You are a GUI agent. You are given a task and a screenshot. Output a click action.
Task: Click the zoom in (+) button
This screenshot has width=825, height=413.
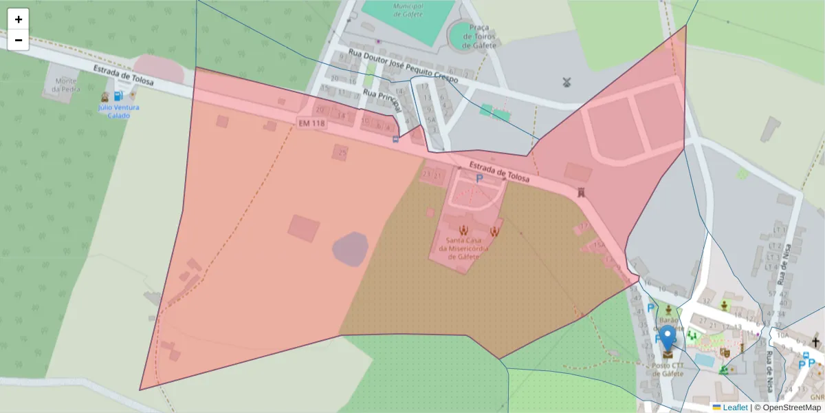click(19, 19)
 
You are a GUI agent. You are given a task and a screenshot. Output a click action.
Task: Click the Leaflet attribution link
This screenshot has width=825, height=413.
click(734, 407)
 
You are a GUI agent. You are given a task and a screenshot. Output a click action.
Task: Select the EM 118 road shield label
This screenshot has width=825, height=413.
click(311, 123)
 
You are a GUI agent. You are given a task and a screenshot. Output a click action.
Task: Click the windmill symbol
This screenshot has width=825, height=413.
click(567, 83)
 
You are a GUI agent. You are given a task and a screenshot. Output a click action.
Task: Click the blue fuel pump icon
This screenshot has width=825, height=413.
click(119, 97)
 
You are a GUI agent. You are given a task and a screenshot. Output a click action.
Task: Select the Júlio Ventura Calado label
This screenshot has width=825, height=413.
click(118, 112)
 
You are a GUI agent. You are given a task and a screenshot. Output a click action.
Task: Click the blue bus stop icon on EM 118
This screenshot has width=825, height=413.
click(395, 139)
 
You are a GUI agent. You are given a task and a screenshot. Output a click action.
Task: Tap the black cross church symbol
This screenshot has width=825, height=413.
click(816, 342)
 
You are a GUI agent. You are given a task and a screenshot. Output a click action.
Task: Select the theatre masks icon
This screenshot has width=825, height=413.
click(724, 352)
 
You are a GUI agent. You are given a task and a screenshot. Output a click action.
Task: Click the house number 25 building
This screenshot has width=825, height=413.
click(342, 152)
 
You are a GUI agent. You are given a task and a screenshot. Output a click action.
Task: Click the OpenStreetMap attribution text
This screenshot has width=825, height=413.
click(792, 407)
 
